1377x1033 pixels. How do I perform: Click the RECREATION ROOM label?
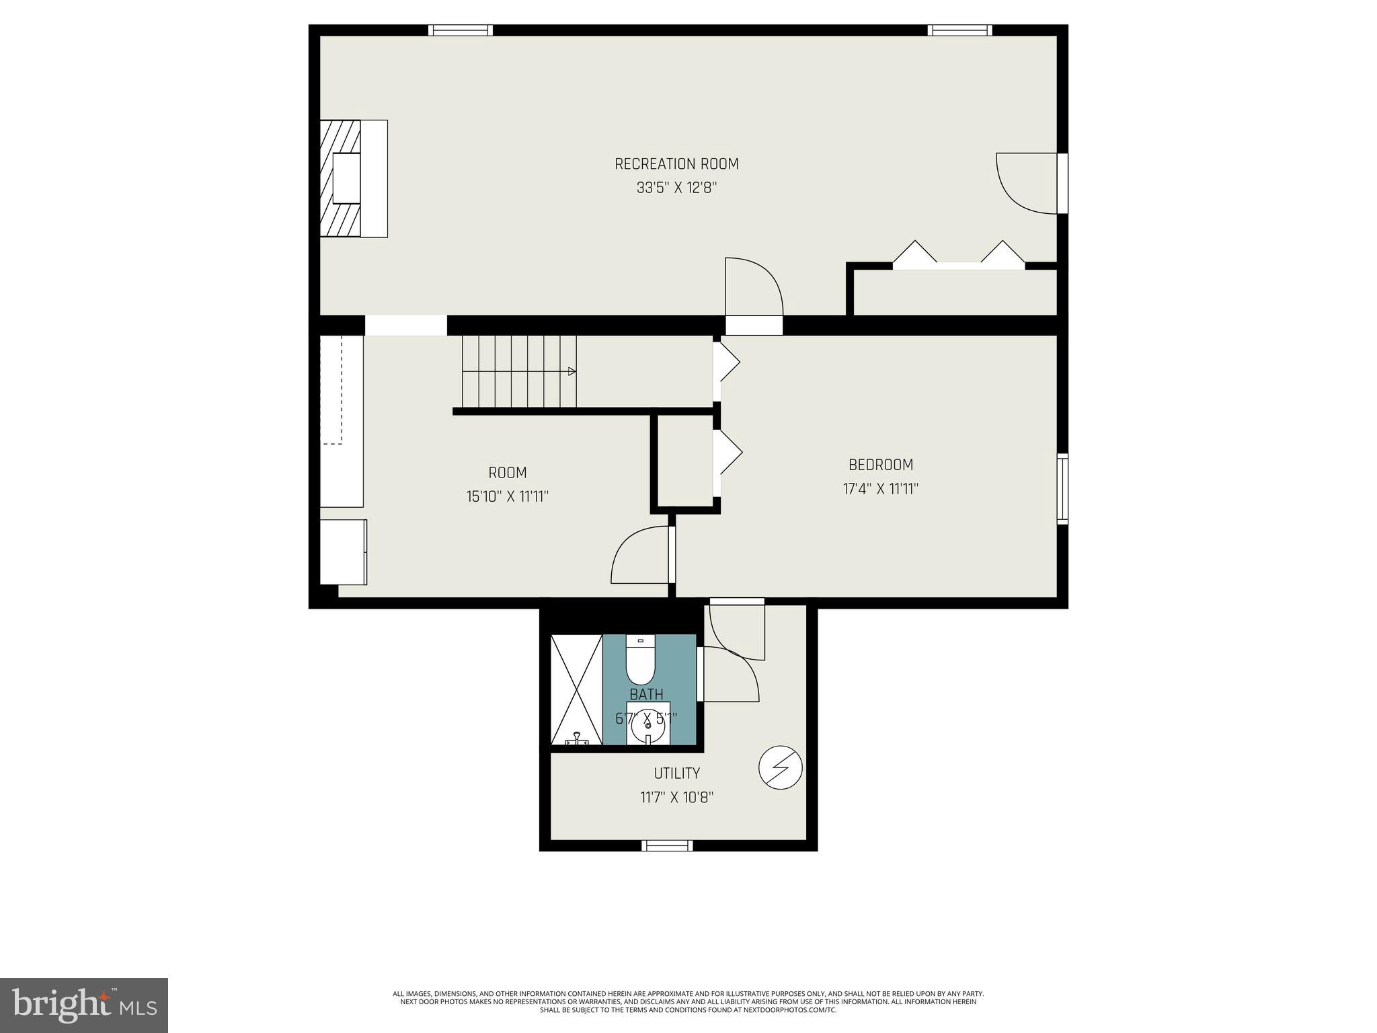pyautogui.click(x=676, y=164)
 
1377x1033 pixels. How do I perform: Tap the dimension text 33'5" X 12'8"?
pyautogui.click(x=676, y=188)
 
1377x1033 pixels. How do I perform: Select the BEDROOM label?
pyautogui.click(x=881, y=465)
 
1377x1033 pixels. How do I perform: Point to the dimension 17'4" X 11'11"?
pyautogui.click(x=881, y=489)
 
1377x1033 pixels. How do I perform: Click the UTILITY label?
pyautogui.click(x=676, y=773)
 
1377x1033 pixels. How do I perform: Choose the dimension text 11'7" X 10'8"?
pyautogui.click(x=676, y=798)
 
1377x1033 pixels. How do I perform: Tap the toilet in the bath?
pyautogui.click(x=640, y=660)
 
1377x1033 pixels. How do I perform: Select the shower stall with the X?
pyautogui.click(x=576, y=689)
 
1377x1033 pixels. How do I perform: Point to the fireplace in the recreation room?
pyautogui.click(x=352, y=179)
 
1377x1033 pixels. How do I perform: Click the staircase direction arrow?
pyautogui.click(x=572, y=371)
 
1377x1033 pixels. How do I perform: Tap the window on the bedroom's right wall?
pyautogui.click(x=1062, y=489)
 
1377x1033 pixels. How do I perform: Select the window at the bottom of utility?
pyautogui.click(x=666, y=845)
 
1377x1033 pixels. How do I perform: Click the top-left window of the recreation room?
pyautogui.click(x=461, y=30)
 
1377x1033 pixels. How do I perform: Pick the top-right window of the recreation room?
pyautogui.click(x=959, y=30)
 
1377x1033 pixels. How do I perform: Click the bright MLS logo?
pyautogui.click(x=84, y=1005)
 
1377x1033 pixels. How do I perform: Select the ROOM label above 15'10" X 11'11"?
pyautogui.click(x=508, y=473)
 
